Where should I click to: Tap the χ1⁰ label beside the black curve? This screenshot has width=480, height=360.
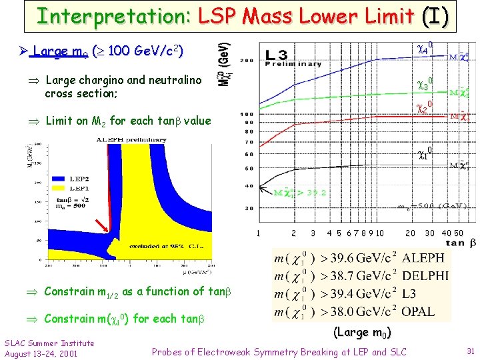click(425, 153)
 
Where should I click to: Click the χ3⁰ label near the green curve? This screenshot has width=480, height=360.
click(425, 84)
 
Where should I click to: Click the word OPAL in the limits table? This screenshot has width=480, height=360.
click(419, 311)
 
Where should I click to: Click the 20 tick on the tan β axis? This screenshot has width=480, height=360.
click(411, 233)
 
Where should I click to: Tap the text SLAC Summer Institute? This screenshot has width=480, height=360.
click(49, 343)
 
